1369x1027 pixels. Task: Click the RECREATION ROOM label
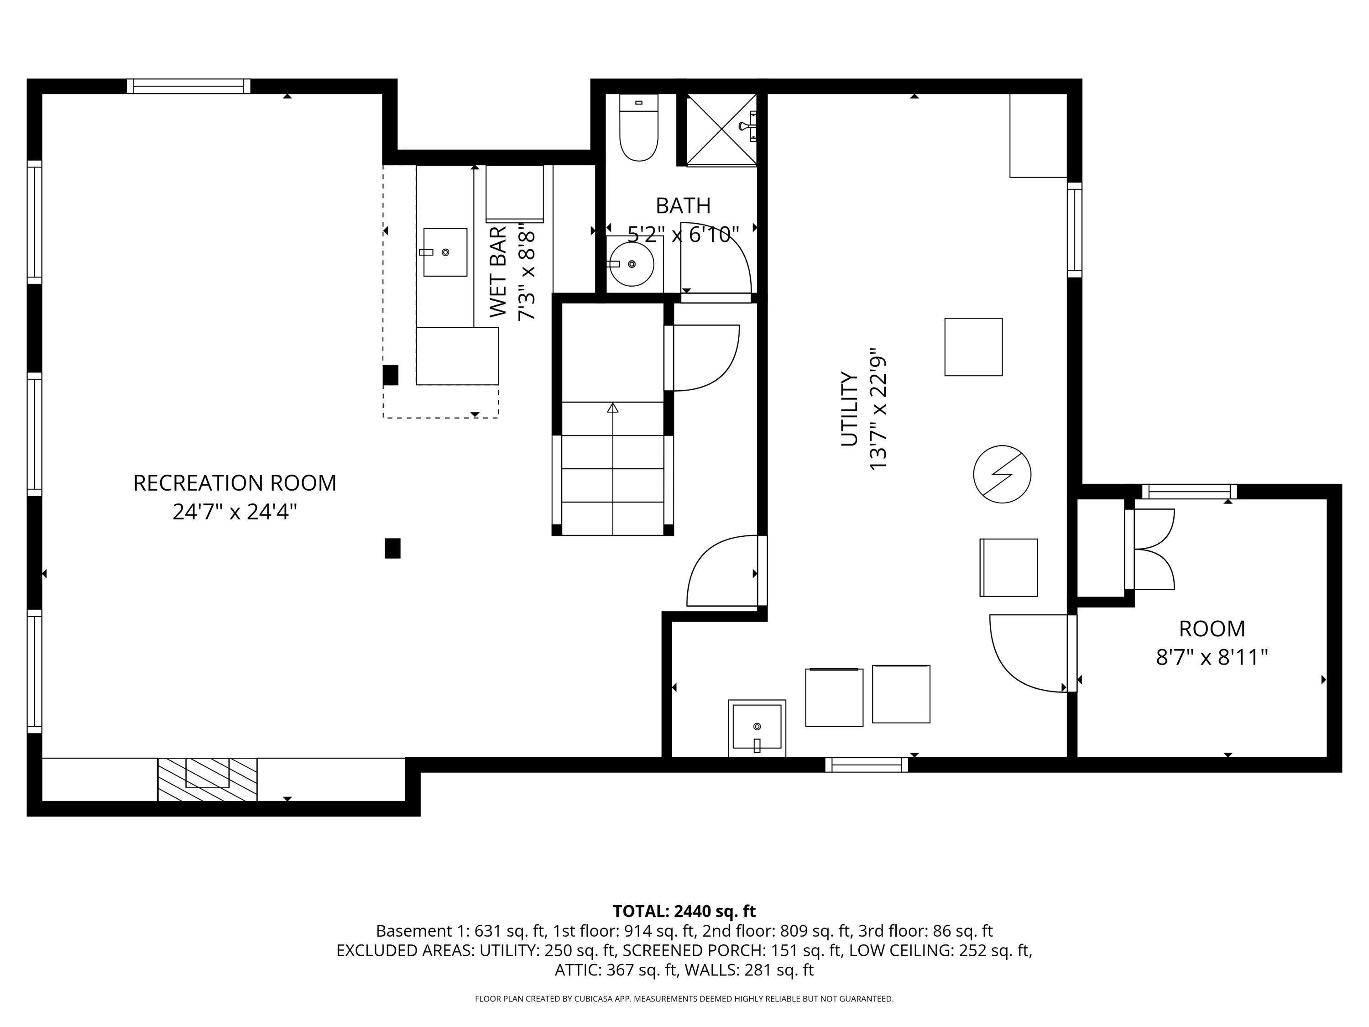point(235,483)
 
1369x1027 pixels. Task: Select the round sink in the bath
point(631,264)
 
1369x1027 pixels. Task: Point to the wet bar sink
point(445,252)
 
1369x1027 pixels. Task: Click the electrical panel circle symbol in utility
point(1002,474)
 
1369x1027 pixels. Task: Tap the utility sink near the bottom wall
point(757,728)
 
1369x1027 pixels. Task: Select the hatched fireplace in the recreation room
point(207,780)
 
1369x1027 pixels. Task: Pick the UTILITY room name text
point(849,409)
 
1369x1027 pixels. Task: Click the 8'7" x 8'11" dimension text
point(1212,657)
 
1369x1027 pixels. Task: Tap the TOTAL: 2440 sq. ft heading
point(684,911)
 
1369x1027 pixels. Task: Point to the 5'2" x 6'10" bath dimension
point(683,235)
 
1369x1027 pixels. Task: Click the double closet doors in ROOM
point(1151,549)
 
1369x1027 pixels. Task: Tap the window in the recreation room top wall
point(189,86)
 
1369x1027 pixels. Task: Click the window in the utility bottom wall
point(867,765)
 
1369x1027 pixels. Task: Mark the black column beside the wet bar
point(391,375)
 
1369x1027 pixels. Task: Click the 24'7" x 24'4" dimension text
point(235,512)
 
